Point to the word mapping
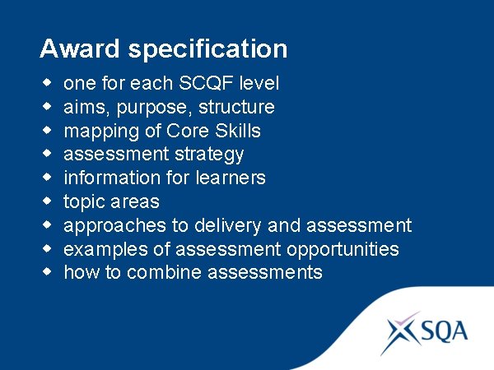[97, 131]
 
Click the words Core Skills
[214, 131]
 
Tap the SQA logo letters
[445, 331]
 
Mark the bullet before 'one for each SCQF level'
[46, 82]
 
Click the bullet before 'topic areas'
[46, 201]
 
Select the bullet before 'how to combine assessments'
[46, 271]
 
